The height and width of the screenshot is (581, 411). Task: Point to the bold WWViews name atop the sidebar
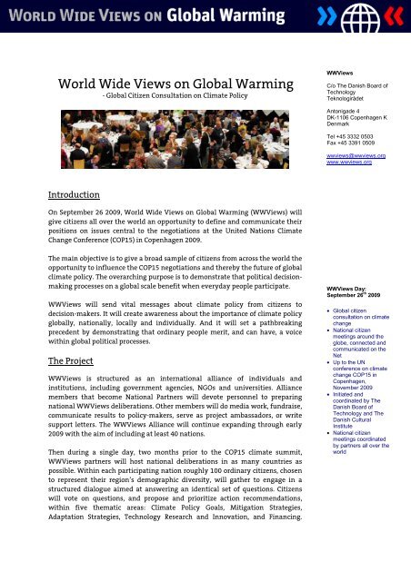(342, 70)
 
